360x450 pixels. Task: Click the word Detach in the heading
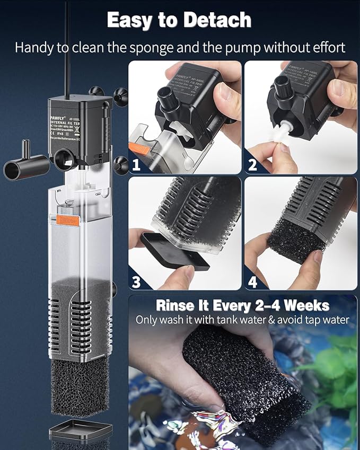pyautogui.click(x=215, y=21)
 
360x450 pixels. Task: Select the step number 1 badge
pyautogui.click(x=136, y=164)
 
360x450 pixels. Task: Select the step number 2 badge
pyautogui.click(x=252, y=164)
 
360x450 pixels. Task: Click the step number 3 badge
pyautogui.click(x=136, y=281)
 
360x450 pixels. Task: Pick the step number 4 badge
pyautogui.click(x=252, y=281)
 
